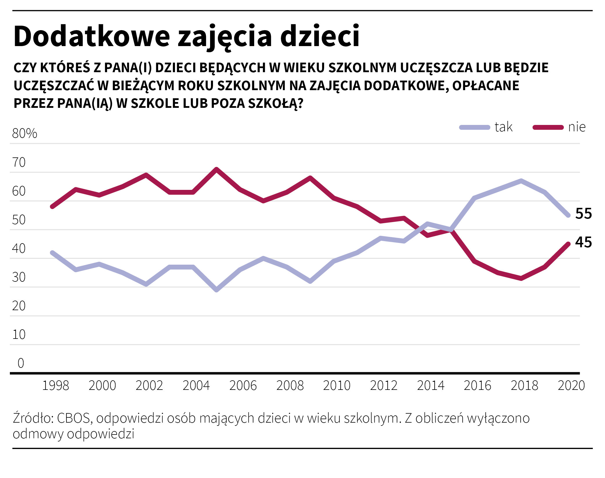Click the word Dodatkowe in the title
(x=91, y=36)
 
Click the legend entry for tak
(x=486, y=127)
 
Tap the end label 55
(x=583, y=214)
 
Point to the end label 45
(x=583, y=242)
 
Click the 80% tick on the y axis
(x=25, y=134)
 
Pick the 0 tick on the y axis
(x=21, y=363)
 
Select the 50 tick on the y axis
(x=19, y=220)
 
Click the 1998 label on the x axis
(x=55, y=386)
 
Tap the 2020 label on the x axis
(x=571, y=386)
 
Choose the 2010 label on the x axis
(x=337, y=386)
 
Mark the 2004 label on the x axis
(x=196, y=386)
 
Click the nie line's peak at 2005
(x=216, y=169)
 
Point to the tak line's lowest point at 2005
(x=216, y=290)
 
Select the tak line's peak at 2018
(x=521, y=181)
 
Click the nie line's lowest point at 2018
(x=521, y=278)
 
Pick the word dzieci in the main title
(x=320, y=36)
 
